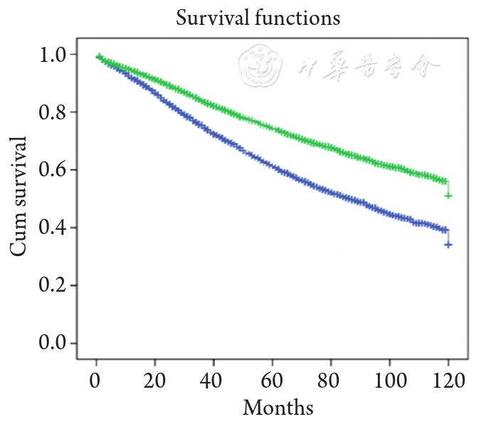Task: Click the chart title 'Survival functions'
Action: click(258, 18)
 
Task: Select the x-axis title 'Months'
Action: click(277, 408)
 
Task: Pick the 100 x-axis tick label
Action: click(389, 379)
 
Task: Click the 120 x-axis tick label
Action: click(448, 379)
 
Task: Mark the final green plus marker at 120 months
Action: click(448, 195)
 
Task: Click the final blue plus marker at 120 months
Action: click(448, 244)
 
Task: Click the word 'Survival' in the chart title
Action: click(211, 18)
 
